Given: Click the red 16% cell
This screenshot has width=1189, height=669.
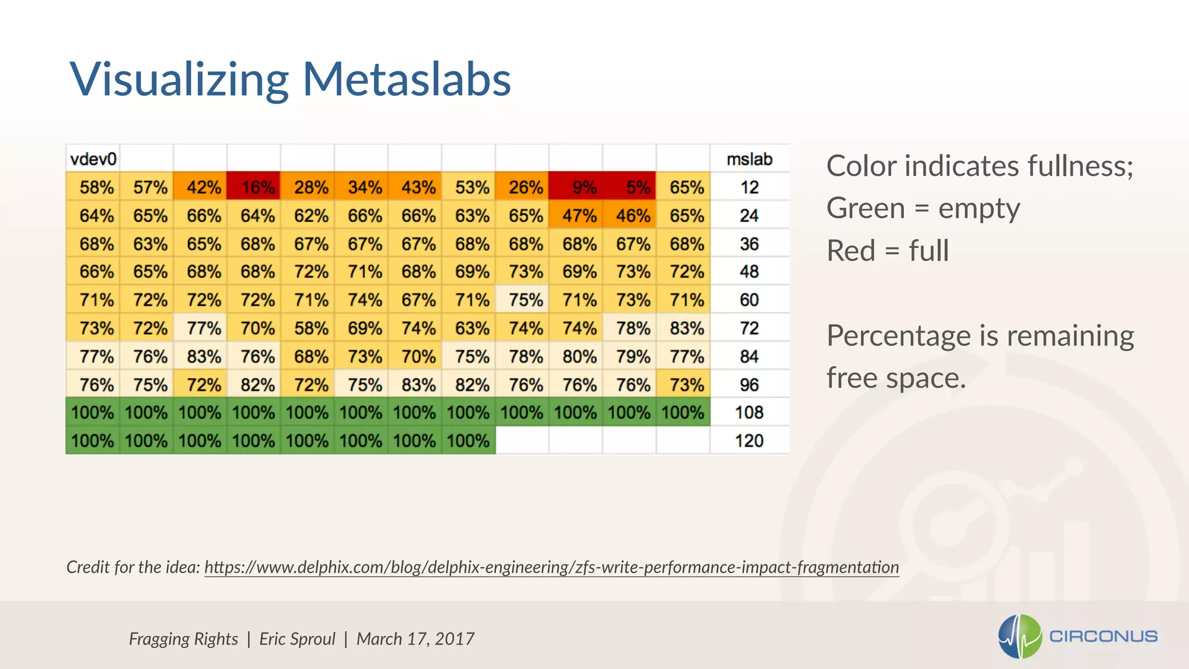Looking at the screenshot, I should click(x=254, y=187).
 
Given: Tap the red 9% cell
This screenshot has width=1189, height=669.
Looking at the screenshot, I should click(x=576, y=187).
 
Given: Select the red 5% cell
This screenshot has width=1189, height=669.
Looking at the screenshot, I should click(x=629, y=187).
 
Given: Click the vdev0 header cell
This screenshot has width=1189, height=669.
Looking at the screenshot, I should click(x=93, y=159).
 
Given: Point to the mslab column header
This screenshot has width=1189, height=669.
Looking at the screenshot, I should click(x=749, y=159).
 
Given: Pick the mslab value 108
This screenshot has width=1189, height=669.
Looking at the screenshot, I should click(x=749, y=412).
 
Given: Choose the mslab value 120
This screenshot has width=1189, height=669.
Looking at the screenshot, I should click(x=749, y=441).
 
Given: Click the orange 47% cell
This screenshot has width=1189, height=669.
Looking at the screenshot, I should click(x=576, y=215).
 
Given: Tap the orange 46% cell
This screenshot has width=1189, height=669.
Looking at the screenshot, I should click(x=629, y=215).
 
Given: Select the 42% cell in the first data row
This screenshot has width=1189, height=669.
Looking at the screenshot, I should click(x=200, y=187).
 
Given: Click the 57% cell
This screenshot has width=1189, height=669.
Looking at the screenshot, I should click(x=147, y=187).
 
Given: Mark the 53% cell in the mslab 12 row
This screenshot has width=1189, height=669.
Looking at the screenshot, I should click(x=469, y=187).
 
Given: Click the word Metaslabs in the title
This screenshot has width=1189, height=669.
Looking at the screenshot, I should click(x=406, y=80).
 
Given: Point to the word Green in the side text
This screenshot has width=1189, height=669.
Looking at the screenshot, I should click(x=865, y=208).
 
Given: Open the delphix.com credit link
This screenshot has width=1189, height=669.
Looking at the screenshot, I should click(x=552, y=567).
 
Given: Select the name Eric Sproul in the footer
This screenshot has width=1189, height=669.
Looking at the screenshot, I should click(x=297, y=639).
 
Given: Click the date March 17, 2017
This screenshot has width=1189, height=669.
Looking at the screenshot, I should click(x=415, y=639).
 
